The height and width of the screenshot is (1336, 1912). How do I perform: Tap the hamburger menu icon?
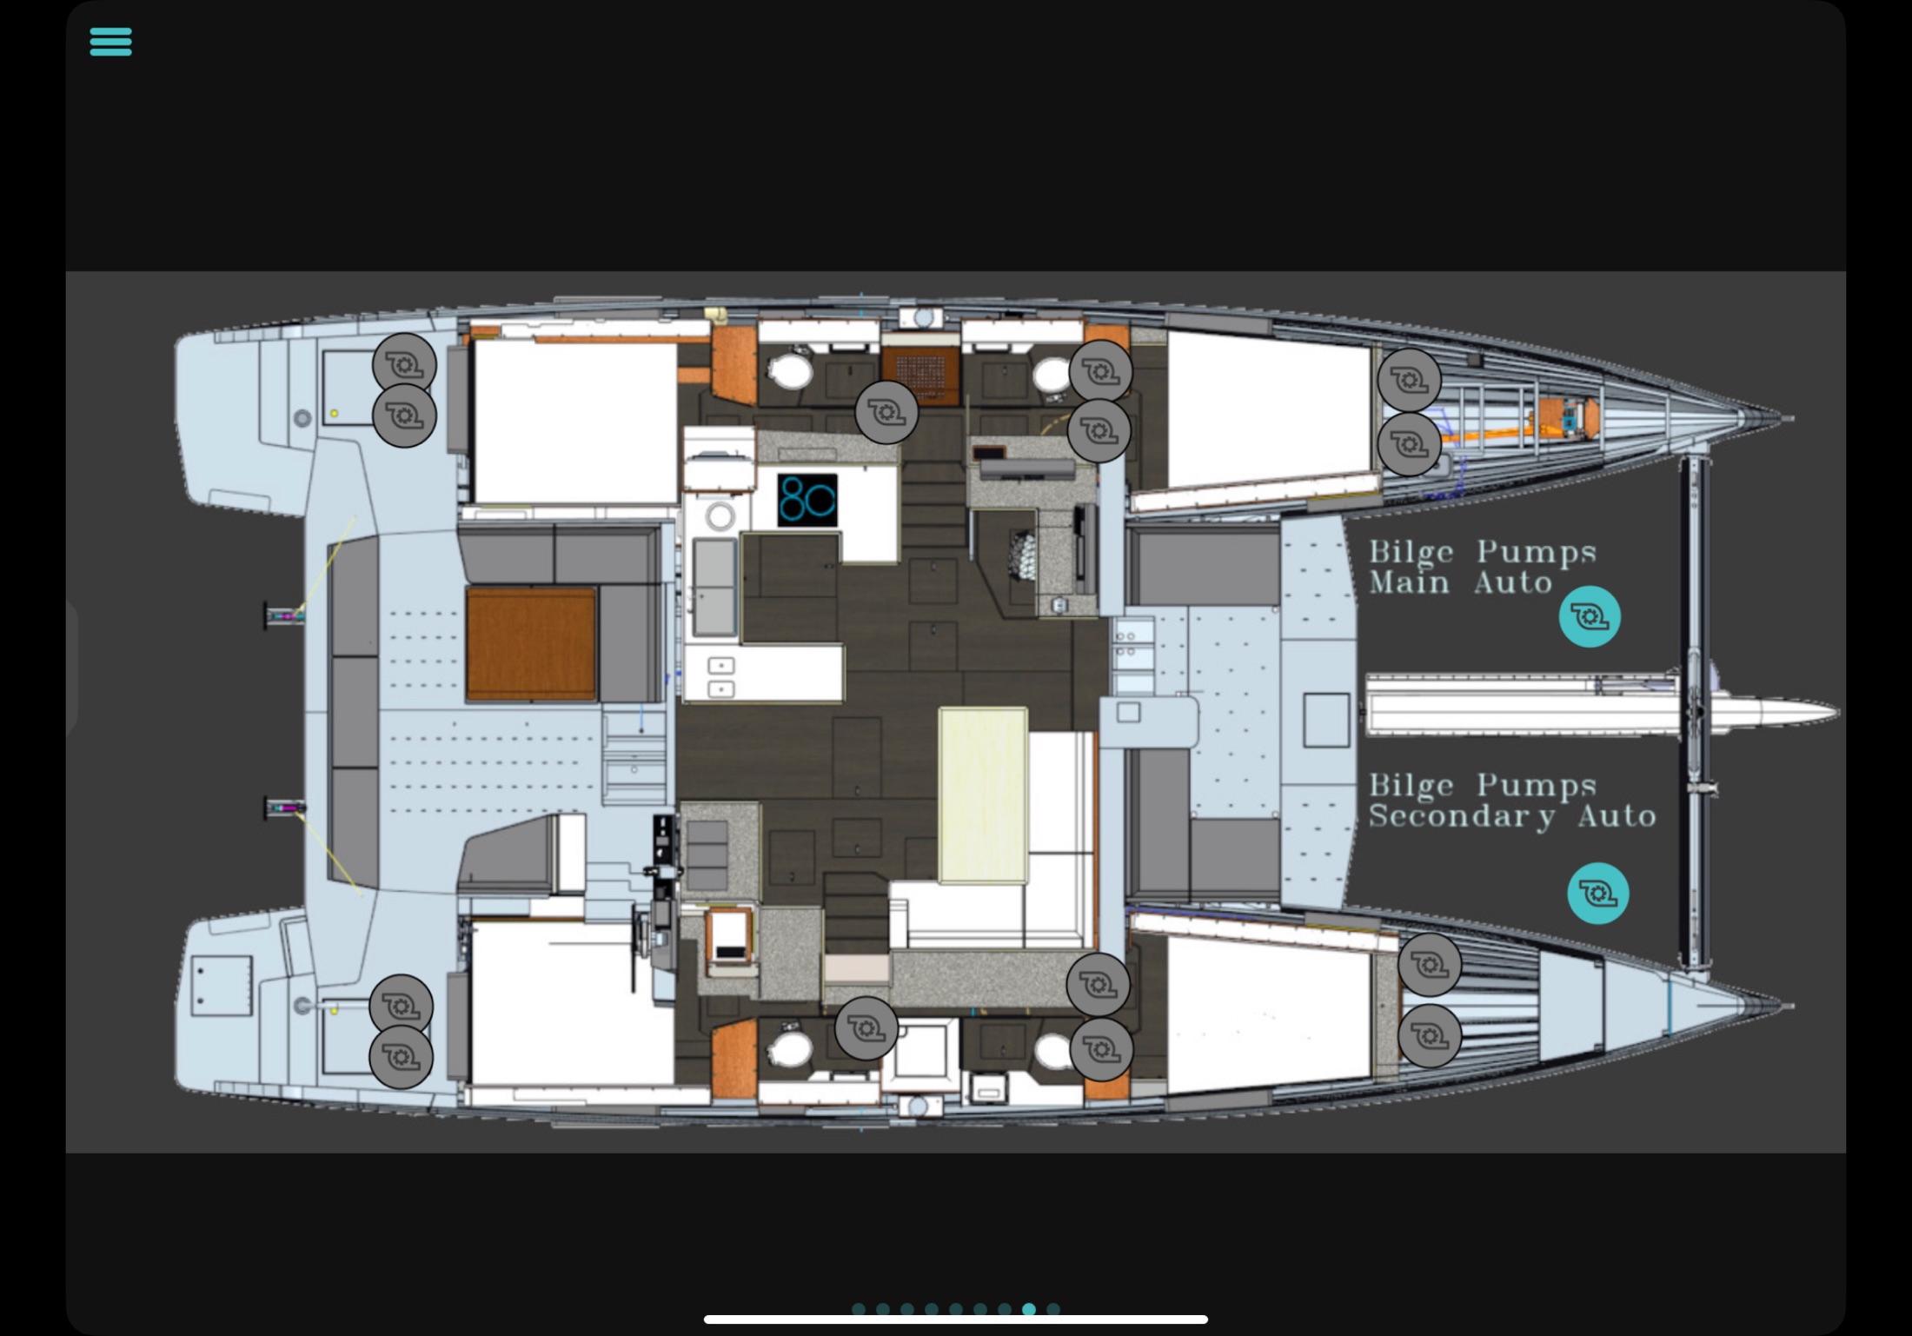coord(110,41)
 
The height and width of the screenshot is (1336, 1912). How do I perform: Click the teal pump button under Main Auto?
coord(1590,617)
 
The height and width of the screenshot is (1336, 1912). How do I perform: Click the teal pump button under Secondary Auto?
coord(1598,893)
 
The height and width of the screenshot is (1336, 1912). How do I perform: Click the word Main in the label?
coord(1409,582)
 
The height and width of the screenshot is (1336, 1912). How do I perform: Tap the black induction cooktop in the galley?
coord(807,500)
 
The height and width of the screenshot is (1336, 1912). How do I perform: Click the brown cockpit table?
coord(531,643)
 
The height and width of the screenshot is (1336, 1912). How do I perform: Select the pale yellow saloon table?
coord(983,795)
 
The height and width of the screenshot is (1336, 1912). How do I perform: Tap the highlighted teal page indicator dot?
coord(1029,1309)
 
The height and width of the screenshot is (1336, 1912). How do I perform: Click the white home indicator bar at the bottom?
coord(956,1319)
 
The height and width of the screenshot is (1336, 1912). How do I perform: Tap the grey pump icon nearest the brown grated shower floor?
coord(886,413)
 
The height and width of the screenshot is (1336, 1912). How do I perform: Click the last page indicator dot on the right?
coord(1053,1309)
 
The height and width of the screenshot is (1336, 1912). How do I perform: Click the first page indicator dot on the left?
coord(859,1309)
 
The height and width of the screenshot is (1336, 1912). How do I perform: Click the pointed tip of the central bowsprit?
coord(1837,713)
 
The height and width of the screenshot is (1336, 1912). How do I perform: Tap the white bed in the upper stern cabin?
coord(574,422)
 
